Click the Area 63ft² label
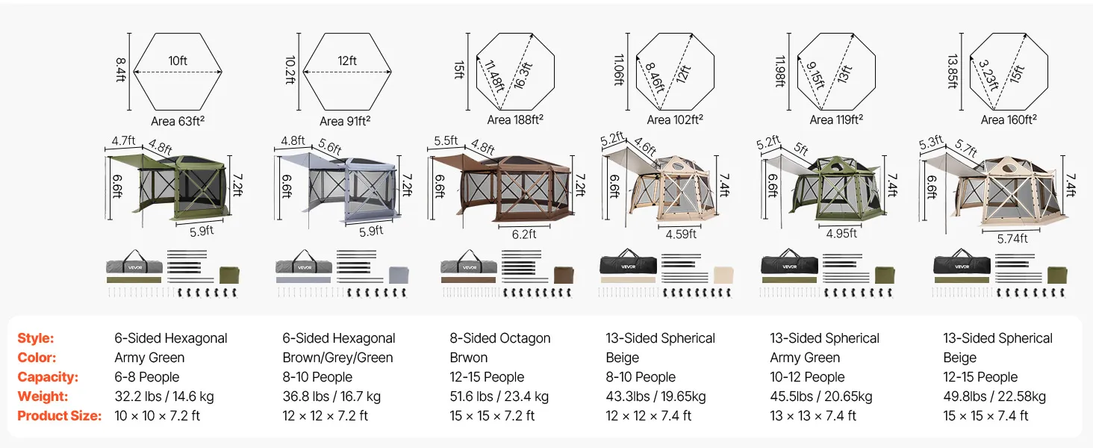tap(178, 121)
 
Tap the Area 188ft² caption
tap(515, 119)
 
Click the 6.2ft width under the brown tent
tap(524, 234)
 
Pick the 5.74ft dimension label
tap(1012, 238)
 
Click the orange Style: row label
tap(36, 338)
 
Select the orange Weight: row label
tap(43, 396)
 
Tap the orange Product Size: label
tap(59, 416)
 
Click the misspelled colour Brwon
tap(468, 358)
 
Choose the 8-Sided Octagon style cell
tap(499, 338)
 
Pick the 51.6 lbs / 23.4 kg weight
tap(499, 396)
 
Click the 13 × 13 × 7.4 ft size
tap(813, 416)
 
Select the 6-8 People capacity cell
tap(147, 377)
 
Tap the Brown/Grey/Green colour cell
tap(337, 358)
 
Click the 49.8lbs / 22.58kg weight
tap(994, 396)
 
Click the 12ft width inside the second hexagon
tap(347, 61)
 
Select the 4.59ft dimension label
tap(681, 234)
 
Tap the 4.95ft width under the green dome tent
tap(842, 234)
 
